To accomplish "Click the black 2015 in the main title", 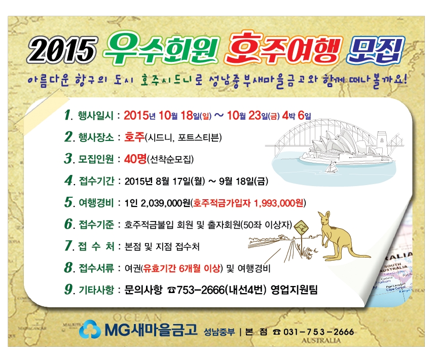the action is click(62, 50).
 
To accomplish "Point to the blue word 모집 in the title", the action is click(375, 50).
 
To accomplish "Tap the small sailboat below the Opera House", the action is click(331, 167).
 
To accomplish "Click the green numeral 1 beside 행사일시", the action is click(67, 115).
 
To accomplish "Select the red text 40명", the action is click(135, 159).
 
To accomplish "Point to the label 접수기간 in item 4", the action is click(96, 181).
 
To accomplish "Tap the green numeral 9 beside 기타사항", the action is click(68, 290).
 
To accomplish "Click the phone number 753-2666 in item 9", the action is click(200, 290).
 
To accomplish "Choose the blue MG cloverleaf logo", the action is click(90, 330).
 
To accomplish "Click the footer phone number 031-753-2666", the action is click(318, 332).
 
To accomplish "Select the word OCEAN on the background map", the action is click(137, 317).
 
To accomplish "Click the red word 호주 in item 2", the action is click(134, 137).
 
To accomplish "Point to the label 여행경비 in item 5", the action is click(96, 203).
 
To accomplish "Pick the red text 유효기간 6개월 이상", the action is click(181, 268).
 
